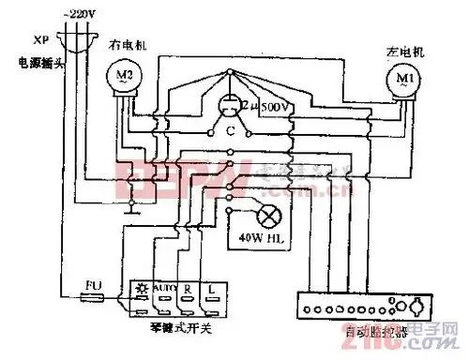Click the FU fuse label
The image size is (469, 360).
tap(92, 282)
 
